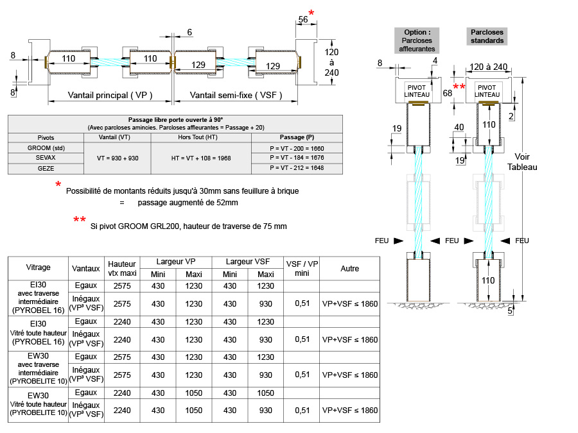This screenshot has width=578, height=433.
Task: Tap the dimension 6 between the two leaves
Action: (189, 33)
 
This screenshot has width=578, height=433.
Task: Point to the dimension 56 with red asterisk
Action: (302, 20)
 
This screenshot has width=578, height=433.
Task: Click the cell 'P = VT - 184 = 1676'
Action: (297, 158)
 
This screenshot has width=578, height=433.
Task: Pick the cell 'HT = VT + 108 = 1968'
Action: (200, 158)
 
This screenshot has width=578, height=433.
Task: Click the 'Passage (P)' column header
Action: (297, 137)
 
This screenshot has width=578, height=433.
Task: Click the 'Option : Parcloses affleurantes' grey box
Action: (417, 40)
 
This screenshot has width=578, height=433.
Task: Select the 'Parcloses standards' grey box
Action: (487, 36)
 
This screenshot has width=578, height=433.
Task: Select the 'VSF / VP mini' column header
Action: (302, 267)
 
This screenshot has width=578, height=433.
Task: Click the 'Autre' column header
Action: (350, 268)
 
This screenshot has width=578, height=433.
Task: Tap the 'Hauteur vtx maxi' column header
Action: (122, 268)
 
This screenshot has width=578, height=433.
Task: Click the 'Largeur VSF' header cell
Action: (247, 262)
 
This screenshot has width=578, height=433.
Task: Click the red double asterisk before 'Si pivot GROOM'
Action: (80, 221)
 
